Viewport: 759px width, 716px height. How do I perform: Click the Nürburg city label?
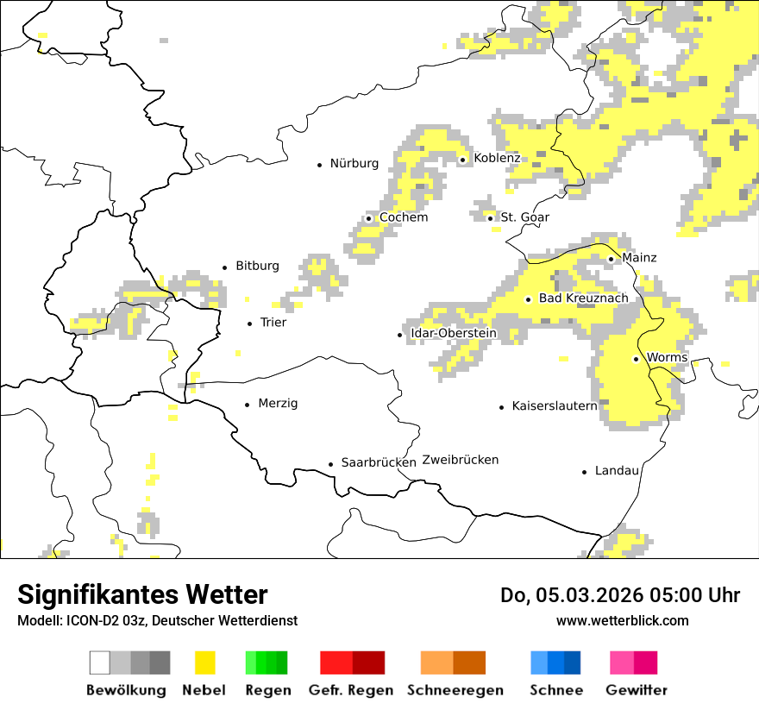pos(354,163)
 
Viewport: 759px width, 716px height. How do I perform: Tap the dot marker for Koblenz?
pos(462,159)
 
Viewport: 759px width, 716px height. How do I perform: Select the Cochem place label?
pos(403,217)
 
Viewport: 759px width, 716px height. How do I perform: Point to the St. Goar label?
pos(524,217)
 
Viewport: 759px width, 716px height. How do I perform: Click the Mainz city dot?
pos(611,259)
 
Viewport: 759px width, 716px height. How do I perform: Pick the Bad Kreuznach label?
pos(583,298)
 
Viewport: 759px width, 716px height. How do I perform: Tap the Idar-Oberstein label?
pos(453,333)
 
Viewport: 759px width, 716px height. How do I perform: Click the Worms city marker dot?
pos(636,359)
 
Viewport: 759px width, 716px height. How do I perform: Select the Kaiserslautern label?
pos(554,405)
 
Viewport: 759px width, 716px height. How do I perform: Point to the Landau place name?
pos(617,471)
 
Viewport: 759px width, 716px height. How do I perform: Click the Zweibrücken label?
pos(461,460)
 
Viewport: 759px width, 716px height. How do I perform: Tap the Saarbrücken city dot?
pos(330,464)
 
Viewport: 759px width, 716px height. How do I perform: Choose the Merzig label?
pos(278,404)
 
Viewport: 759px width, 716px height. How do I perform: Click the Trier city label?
pos(273,323)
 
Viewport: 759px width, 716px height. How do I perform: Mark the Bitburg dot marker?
pos(225,267)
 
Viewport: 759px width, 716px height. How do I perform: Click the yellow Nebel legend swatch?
pos(204,663)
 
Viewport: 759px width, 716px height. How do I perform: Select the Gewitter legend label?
pos(636,690)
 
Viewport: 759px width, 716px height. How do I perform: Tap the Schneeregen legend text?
pos(455,690)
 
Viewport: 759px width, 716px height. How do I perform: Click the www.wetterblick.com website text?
pos(622,620)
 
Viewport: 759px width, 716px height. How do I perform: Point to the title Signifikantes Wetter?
pos(142,594)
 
